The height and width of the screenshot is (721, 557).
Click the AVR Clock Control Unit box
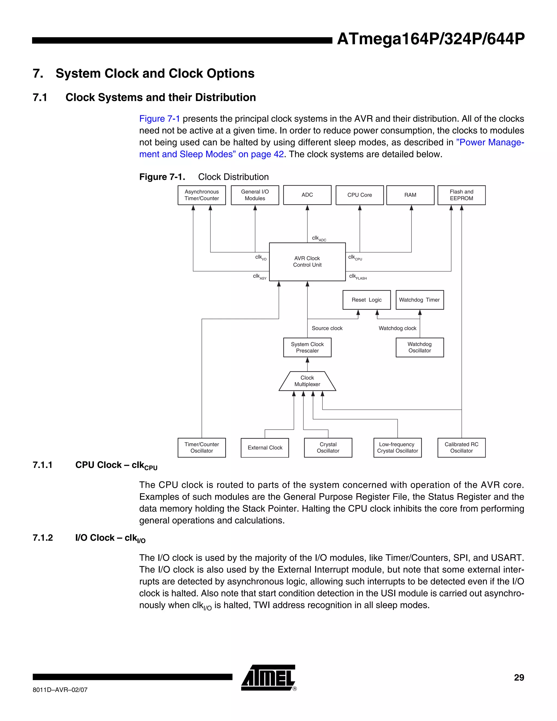point(307,261)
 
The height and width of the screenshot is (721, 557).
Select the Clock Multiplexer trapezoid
point(307,381)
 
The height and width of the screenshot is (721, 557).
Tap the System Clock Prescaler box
point(307,347)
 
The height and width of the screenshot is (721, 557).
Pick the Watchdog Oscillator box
point(419,347)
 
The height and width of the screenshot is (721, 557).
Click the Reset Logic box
point(366,300)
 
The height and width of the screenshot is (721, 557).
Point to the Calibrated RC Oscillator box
point(461,447)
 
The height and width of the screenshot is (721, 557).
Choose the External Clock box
point(265,448)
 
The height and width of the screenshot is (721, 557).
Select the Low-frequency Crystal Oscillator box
point(397,447)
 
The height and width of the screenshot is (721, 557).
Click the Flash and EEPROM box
point(461,195)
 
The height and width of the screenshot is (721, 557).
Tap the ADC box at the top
point(307,195)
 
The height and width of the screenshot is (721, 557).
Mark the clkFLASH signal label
point(358,277)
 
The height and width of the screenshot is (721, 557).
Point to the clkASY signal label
point(260,277)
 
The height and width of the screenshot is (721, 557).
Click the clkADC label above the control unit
point(319,238)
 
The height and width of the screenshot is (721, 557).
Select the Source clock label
point(327,328)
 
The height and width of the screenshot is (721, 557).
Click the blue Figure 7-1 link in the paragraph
point(159,119)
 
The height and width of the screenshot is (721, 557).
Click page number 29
point(519,677)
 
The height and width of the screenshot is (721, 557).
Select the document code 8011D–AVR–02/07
point(60,690)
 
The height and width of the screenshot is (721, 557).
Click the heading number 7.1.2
point(43,538)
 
